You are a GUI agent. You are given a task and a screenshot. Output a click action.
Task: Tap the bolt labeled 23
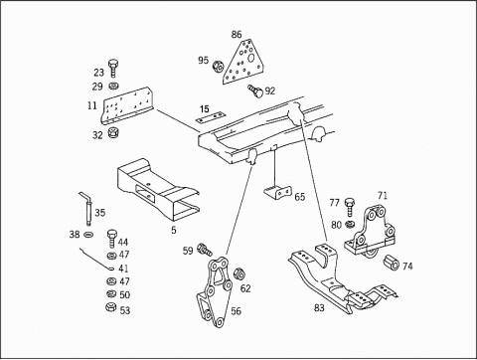tap(113, 69)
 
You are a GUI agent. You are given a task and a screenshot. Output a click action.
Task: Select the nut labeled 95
tap(218, 67)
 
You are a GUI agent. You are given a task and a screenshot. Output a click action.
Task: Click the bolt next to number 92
tap(255, 90)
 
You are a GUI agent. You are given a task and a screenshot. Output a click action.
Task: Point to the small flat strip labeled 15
tap(211, 117)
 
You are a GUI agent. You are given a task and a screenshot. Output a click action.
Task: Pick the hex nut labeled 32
tap(113, 133)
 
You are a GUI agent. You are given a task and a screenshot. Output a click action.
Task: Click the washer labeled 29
tap(114, 87)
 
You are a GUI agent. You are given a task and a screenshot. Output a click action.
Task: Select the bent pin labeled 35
tap(85, 208)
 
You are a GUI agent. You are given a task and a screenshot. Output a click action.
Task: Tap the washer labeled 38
tap(88, 235)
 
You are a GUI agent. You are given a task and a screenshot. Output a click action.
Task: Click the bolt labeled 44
tap(111, 239)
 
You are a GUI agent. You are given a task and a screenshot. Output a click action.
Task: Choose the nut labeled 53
tap(110, 307)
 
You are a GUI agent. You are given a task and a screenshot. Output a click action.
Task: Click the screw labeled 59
tap(204, 250)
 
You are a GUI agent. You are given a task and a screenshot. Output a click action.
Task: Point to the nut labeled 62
tap(239, 273)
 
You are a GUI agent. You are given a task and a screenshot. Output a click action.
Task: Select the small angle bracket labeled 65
tap(277, 192)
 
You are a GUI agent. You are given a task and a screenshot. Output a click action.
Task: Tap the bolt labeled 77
tap(350, 207)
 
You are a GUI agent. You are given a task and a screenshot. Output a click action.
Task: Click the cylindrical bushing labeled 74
tap(392, 264)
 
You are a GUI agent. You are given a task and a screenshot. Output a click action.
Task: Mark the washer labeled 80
tap(350, 225)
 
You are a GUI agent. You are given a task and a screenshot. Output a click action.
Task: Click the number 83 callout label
tap(319, 308)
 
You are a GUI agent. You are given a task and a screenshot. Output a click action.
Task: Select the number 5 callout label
tap(174, 230)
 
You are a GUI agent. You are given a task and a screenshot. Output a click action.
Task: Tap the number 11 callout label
tap(92, 105)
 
